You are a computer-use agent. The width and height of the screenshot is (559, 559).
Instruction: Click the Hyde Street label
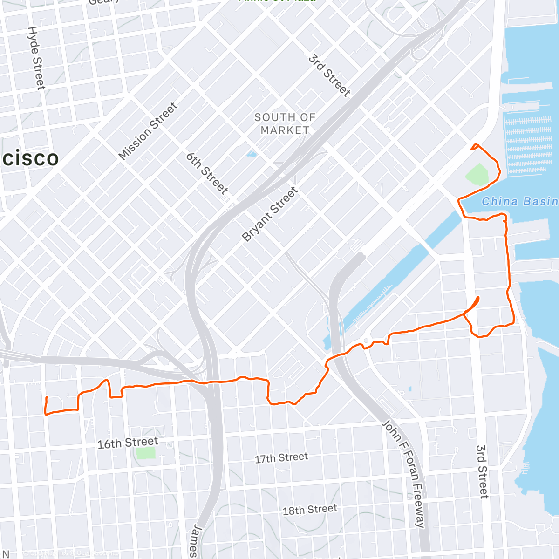point(36,58)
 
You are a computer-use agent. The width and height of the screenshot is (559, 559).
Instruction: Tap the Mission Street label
point(148,131)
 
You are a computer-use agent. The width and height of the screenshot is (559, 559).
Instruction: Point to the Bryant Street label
point(270,214)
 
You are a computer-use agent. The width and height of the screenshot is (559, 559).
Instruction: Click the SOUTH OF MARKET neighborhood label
point(285,124)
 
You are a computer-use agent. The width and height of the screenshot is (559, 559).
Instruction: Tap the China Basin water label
point(519,202)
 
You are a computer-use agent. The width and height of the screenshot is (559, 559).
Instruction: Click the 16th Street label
point(128,443)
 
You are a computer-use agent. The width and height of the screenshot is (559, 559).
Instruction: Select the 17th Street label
point(281,458)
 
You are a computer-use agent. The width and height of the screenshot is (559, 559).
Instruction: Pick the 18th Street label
point(309,510)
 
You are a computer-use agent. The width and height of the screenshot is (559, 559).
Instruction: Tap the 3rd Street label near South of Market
point(329,75)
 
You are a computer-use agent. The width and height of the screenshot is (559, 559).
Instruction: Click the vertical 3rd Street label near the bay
point(482,471)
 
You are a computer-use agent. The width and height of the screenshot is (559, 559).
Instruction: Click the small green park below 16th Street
point(146,453)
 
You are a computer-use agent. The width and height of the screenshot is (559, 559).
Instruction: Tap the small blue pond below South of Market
point(252,154)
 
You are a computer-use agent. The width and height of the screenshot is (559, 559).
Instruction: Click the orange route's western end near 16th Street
point(47,398)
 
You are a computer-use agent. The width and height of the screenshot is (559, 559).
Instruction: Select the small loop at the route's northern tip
point(475,147)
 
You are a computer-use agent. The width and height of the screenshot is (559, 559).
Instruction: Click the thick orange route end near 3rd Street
point(477,299)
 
